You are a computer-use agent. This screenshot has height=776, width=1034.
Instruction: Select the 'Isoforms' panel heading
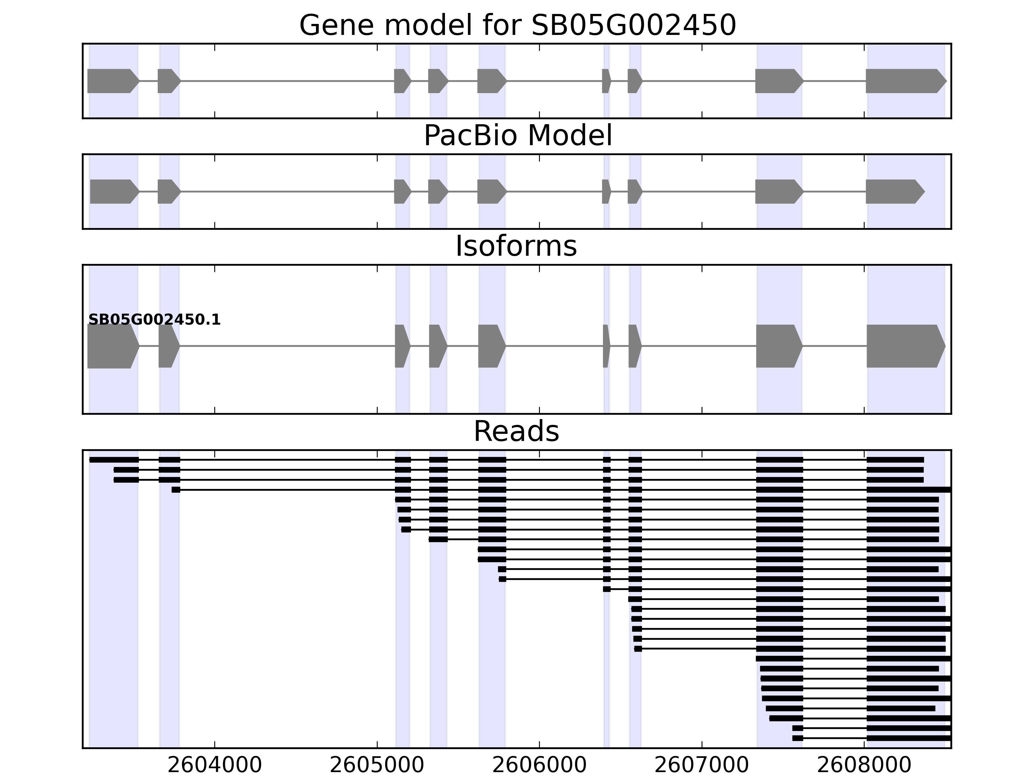tap(516, 246)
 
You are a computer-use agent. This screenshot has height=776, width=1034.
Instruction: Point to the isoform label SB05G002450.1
tap(154, 320)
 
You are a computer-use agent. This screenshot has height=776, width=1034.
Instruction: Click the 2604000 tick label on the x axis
tap(215, 765)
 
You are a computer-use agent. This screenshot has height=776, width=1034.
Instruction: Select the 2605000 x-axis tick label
tap(377, 765)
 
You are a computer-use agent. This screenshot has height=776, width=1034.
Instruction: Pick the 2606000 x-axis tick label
tap(539, 765)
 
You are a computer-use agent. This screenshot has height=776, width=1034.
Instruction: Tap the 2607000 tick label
tap(701, 765)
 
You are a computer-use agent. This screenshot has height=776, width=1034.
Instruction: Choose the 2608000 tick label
tap(864, 765)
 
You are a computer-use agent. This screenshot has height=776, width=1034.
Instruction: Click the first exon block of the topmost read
tap(114, 460)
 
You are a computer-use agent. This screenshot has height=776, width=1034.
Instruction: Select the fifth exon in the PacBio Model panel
tap(491, 191)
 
